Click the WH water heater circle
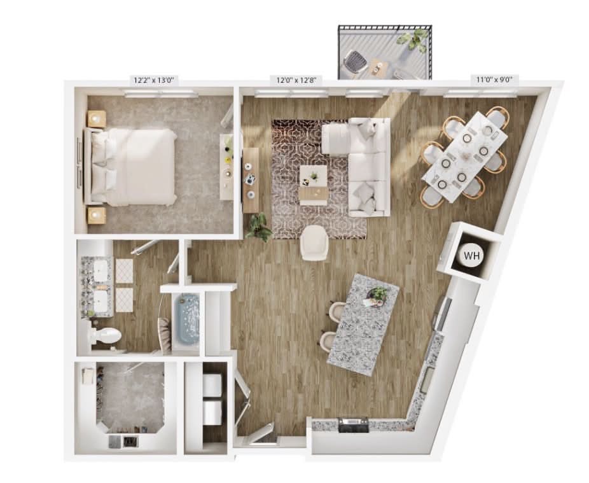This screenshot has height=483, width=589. coord(472,256)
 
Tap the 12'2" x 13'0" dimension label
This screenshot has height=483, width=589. coord(154,80)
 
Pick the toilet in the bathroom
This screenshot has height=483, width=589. coord(105,335)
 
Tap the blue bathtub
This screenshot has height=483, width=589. coord(188,320)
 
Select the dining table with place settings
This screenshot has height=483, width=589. coord(465,157)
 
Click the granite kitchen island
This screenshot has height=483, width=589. coord(363,325)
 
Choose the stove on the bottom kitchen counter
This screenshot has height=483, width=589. coord(354,425)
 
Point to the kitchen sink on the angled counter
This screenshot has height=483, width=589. coord(427,380)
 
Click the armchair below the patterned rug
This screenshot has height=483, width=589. coord(314,243)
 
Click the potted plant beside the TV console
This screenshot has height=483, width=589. coord(259,227)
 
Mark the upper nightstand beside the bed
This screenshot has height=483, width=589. coord(97,119)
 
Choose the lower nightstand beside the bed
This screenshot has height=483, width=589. coord(97,215)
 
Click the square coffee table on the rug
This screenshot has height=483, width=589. coord(313,176)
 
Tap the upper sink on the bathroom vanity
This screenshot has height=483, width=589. coord(100,270)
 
